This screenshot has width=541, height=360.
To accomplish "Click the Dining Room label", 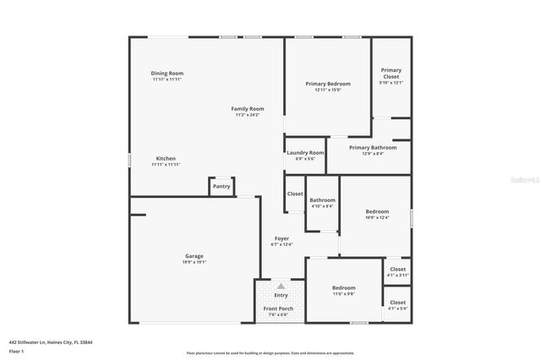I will tap(167, 74).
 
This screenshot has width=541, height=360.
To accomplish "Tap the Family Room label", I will tap(249, 109).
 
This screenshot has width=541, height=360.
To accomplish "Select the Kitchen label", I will tap(166, 159).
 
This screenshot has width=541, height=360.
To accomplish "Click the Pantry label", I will tap(221, 186).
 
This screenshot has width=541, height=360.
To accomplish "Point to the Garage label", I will tap(194, 256).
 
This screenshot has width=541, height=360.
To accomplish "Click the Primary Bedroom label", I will tap(328, 84).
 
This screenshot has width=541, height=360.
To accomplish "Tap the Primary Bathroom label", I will tap(367, 148).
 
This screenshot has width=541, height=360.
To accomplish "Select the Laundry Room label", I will tap(305, 153).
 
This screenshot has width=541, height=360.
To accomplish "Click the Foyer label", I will tap(281, 238).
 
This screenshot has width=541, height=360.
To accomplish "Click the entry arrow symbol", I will tap(281, 286).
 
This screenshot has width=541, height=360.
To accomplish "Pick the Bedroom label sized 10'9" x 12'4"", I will tap(377, 211).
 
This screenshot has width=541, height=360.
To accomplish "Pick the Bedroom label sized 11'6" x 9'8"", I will tap(343, 288).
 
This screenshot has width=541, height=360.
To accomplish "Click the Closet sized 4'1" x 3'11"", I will tap(397, 270).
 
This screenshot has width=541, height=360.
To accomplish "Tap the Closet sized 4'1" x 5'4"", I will tap(397, 302).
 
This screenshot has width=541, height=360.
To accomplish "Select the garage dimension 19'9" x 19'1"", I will tap(194, 262).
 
